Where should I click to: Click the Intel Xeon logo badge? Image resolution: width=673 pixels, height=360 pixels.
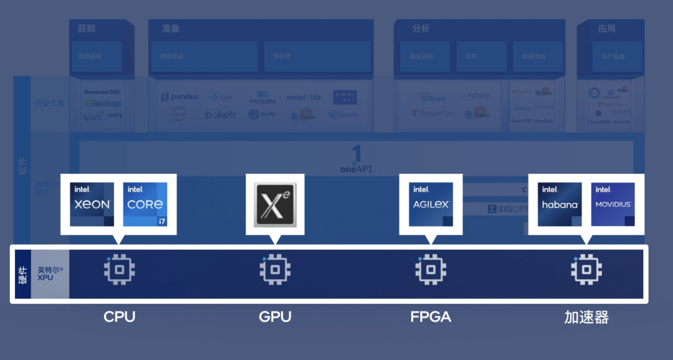point(92,204)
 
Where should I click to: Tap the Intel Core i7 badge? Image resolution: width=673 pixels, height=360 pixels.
point(145,204)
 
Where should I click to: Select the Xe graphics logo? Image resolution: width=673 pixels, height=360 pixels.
point(275,204)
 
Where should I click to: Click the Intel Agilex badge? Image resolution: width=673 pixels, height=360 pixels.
point(431,204)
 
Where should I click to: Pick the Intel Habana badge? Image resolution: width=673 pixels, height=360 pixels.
point(560,204)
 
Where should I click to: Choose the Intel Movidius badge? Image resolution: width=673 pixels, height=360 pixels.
point(613,204)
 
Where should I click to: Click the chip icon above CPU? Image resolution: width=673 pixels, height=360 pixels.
point(119,270)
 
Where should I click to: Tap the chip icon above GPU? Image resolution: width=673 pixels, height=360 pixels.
point(275,270)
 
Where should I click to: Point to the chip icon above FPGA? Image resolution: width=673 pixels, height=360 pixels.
point(431,270)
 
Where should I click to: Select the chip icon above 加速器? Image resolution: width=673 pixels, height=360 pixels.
point(586,270)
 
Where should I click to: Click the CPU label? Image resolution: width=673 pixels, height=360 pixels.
point(119,316)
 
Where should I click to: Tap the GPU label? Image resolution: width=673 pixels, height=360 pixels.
point(275,316)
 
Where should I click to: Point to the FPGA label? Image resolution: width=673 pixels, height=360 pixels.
point(431,316)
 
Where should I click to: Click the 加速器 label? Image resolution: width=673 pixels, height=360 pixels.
point(586,317)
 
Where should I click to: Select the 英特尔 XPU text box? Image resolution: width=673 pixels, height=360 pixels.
point(50,273)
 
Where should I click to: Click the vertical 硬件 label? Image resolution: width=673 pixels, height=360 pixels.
point(23,273)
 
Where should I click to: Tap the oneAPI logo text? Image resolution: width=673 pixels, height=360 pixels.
point(356,169)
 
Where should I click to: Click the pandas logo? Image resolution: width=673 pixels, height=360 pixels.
point(179,97)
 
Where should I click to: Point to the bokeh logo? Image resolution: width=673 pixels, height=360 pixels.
point(221,115)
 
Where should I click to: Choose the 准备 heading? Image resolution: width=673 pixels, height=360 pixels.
point(171,29)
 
